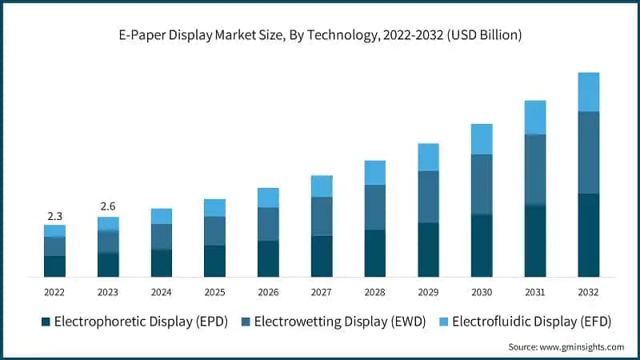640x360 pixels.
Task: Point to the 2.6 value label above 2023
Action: pyautogui.click(x=108, y=206)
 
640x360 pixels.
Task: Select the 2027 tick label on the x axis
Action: pyautogui.click(x=322, y=292)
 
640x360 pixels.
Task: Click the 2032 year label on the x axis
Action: pyautogui.click(x=588, y=292)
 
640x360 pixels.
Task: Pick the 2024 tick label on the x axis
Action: pyautogui.click(x=162, y=292)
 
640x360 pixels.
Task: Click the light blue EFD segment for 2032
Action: pyautogui.click(x=589, y=92)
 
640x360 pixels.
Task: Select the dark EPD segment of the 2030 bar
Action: pyautogui.click(x=482, y=246)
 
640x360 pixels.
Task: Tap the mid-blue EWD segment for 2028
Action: pyautogui.click(x=375, y=207)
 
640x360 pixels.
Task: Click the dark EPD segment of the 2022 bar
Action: pyautogui.click(x=54, y=266)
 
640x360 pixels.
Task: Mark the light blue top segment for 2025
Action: pyautogui.click(x=214, y=208)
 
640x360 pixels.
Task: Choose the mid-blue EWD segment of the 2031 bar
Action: pyautogui.click(x=535, y=170)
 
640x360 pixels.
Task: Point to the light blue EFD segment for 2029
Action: pyautogui.click(x=429, y=157)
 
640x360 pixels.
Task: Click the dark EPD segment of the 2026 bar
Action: pyautogui.click(x=268, y=258)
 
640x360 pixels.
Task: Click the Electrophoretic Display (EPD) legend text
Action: pyautogui.click(x=141, y=322)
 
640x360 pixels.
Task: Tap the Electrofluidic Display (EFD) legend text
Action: pyautogui.click(x=531, y=322)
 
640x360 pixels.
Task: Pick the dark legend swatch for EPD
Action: pyautogui.click(x=46, y=322)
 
